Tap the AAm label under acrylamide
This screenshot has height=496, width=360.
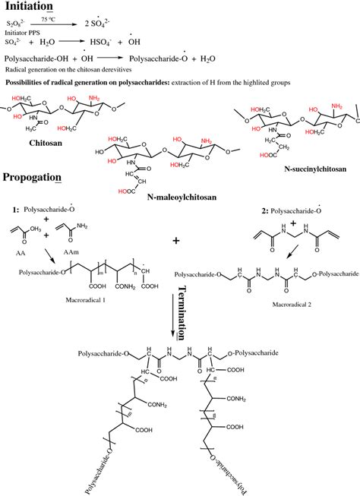pos(74,237)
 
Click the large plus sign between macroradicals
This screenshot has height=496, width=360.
pos(176,241)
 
